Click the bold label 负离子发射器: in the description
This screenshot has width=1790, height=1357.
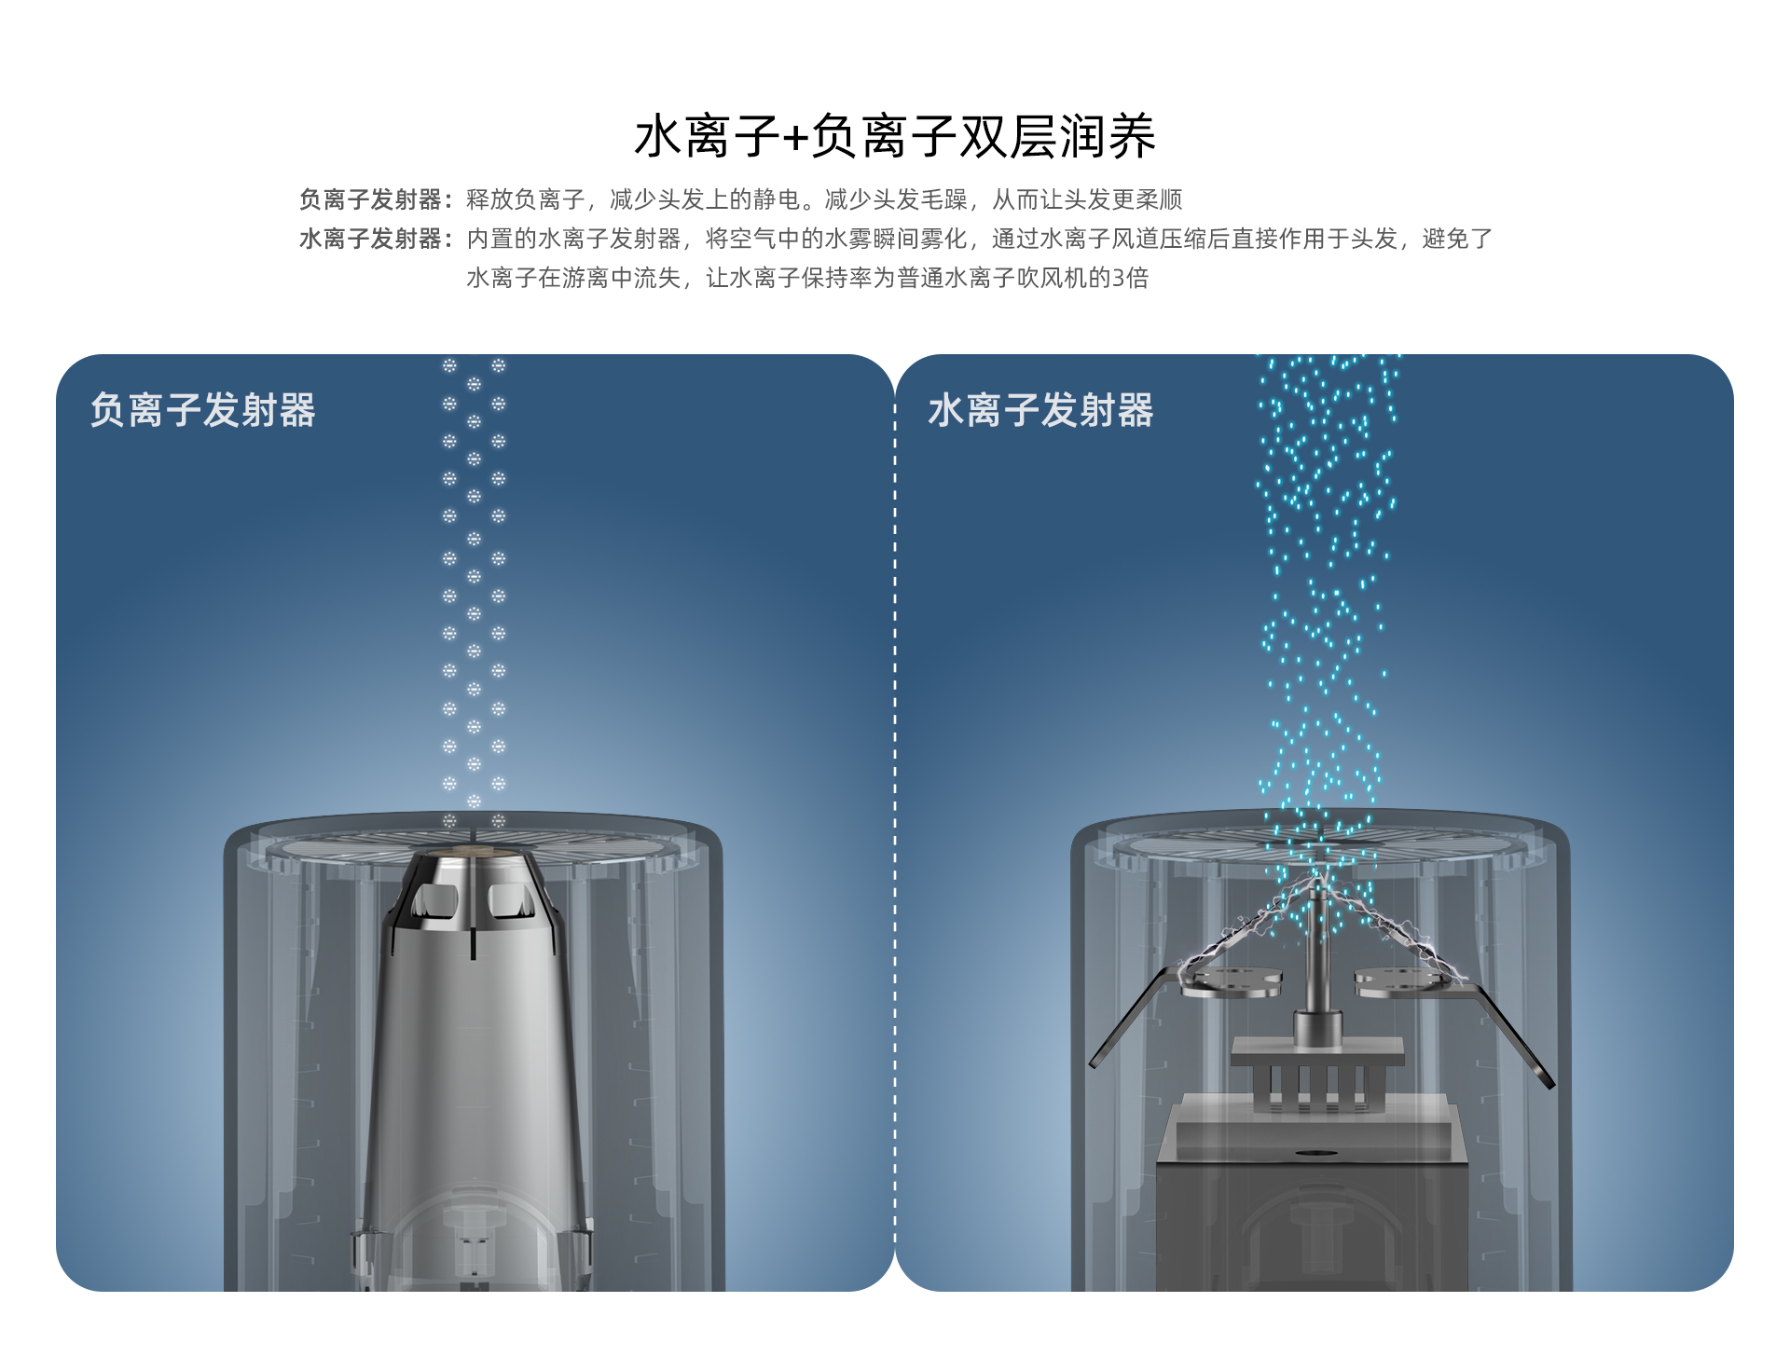point(375,199)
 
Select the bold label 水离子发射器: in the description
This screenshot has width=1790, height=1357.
point(375,240)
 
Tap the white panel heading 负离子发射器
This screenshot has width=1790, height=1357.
point(203,410)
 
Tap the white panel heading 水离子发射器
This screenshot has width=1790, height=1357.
point(1040,410)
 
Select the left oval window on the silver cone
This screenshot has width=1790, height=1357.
point(434,900)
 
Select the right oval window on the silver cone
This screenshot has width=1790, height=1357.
point(512,900)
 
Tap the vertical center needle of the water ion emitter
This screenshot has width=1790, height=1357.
point(1315,941)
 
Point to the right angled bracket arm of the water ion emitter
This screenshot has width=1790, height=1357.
point(1515,1035)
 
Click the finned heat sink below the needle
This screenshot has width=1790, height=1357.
point(1316,1081)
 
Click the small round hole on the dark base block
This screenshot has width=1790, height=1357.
point(1315,1153)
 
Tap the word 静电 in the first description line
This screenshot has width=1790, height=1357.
point(776,199)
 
